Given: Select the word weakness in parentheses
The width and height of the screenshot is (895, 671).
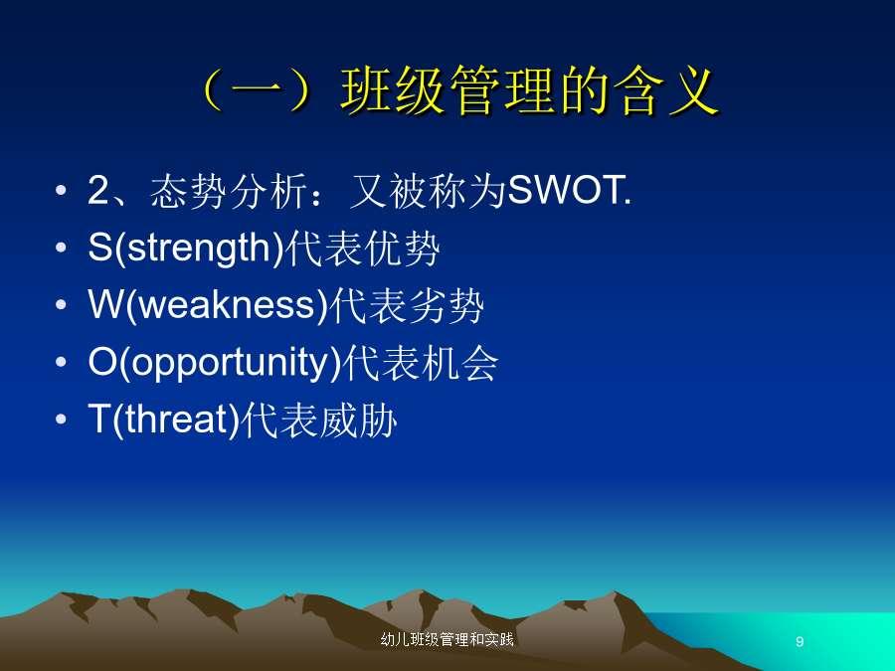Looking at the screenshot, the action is pyautogui.click(x=227, y=305).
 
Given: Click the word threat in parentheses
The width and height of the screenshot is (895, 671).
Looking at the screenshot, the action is pyautogui.click(x=175, y=419).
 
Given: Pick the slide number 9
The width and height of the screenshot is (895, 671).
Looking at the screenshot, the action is pyautogui.click(x=800, y=641).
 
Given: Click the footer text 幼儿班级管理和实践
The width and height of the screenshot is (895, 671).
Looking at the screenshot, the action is pyautogui.click(x=447, y=639).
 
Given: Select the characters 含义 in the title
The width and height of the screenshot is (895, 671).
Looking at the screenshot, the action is pyautogui.click(x=666, y=90).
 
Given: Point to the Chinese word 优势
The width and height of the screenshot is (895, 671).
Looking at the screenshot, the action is pyautogui.click(x=402, y=249).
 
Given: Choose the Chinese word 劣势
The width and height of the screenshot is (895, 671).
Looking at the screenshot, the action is pyautogui.click(x=447, y=305).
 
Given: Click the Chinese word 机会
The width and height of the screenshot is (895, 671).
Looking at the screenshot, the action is pyautogui.click(x=460, y=363).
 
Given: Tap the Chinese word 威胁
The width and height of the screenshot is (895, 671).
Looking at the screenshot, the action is pyautogui.click(x=357, y=419).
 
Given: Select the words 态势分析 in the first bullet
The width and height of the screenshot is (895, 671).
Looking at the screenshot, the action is pyautogui.click(x=229, y=191).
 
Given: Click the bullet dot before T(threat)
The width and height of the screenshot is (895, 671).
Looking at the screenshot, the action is pyautogui.click(x=61, y=419).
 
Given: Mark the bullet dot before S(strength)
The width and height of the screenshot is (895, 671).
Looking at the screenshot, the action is pyautogui.click(x=61, y=248).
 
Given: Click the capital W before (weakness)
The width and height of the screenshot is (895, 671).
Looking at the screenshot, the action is pyautogui.click(x=105, y=303).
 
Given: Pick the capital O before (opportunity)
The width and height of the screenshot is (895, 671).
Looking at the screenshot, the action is pyautogui.click(x=102, y=361).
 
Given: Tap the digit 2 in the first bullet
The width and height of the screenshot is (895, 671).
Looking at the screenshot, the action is pyautogui.click(x=97, y=190).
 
